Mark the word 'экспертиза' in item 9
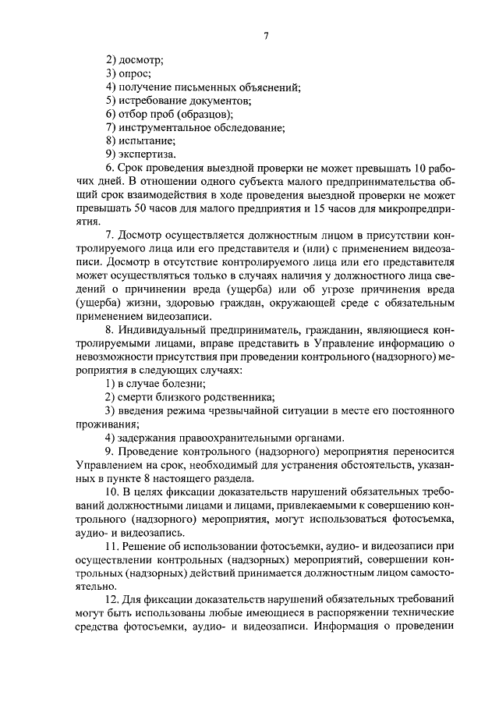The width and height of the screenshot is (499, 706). [146, 155]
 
